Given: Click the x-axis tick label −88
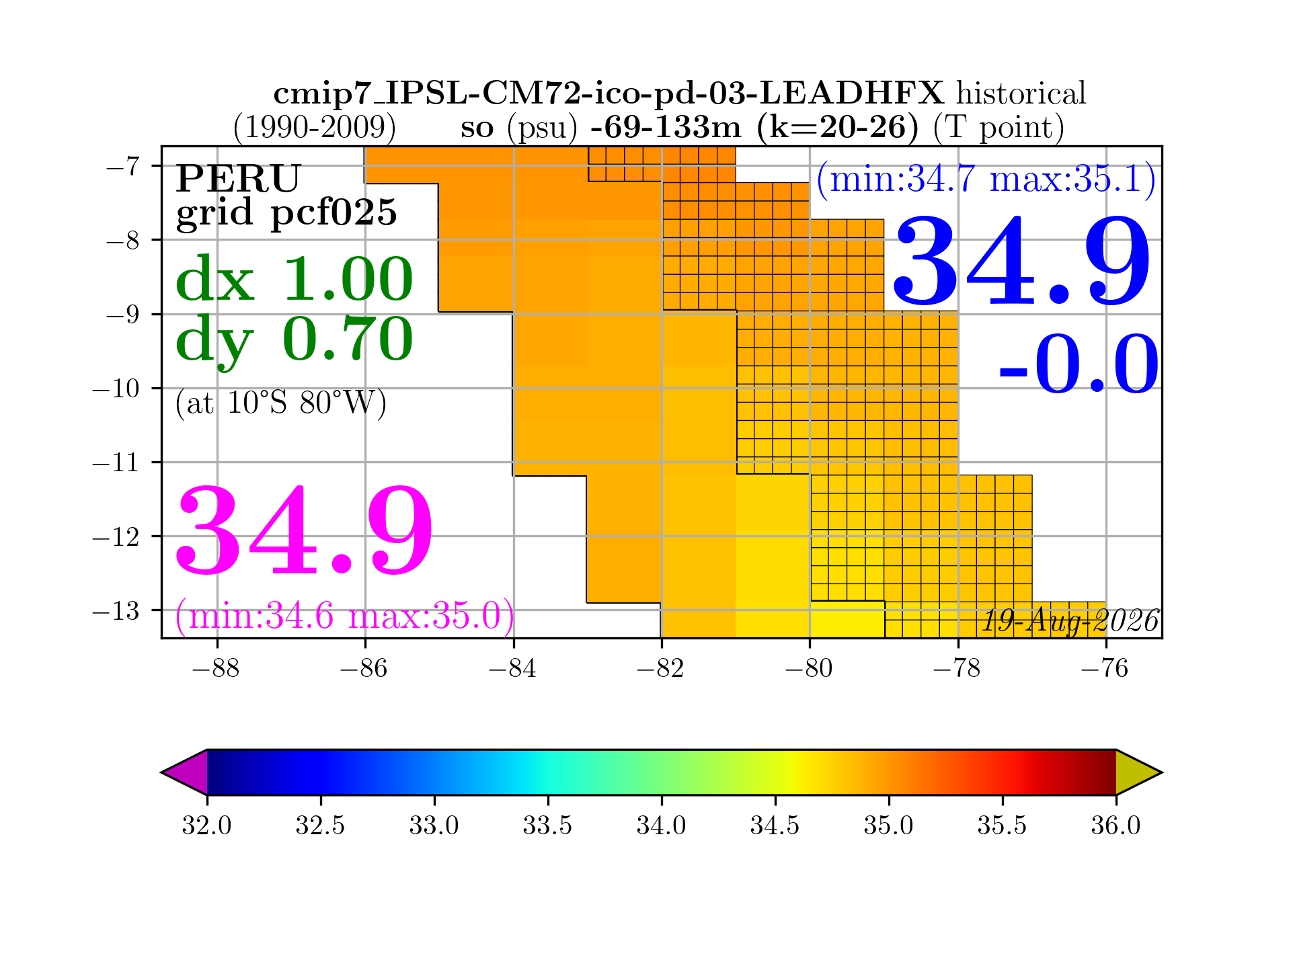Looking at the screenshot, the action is [x=217, y=669].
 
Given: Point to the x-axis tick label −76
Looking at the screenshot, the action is [x=1105, y=669].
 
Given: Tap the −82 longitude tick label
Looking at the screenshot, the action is [x=661, y=669].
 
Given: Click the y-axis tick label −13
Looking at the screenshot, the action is [x=116, y=610].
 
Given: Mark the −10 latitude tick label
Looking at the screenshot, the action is [x=116, y=388].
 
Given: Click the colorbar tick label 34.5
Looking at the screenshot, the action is [x=775, y=825].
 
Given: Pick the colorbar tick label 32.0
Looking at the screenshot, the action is [x=206, y=825].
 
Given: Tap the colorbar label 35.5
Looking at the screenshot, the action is [x=1003, y=825].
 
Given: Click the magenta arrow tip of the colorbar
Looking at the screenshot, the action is [x=163, y=772].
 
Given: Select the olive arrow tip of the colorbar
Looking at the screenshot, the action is [x=1161, y=772].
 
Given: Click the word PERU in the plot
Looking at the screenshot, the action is [x=238, y=179].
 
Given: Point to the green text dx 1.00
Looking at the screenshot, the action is [x=294, y=279].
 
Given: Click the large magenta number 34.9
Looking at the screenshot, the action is [x=304, y=531].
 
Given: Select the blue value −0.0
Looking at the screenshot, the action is [x=1079, y=364].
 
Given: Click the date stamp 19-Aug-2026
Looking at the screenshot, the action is [x=1070, y=621].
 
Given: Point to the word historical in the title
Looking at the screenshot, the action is [x=1021, y=93].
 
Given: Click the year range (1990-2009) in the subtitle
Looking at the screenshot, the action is [x=314, y=127].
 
